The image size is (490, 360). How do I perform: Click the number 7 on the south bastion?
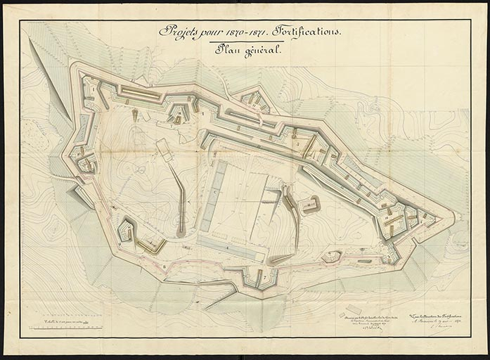click(x=264, y=277)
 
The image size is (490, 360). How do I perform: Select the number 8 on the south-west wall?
click(x=164, y=267)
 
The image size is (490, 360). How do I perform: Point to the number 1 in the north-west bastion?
click(x=92, y=89)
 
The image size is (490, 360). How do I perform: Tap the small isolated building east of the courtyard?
click(x=309, y=205)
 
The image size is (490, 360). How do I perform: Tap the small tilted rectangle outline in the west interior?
click(x=164, y=149)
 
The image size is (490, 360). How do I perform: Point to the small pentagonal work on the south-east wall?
click(x=330, y=258)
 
